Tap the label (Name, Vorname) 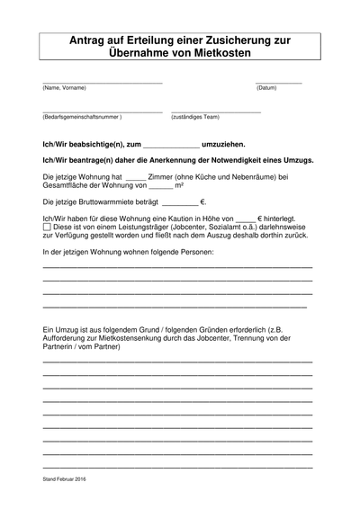click(64, 88)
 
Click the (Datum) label click(266, 88)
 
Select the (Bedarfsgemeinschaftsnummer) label click(82, 117)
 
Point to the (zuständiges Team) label click(195, 117)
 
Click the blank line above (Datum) click(278, 82)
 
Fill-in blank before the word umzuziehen click(171, 146)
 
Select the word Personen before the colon click(194, 253)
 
